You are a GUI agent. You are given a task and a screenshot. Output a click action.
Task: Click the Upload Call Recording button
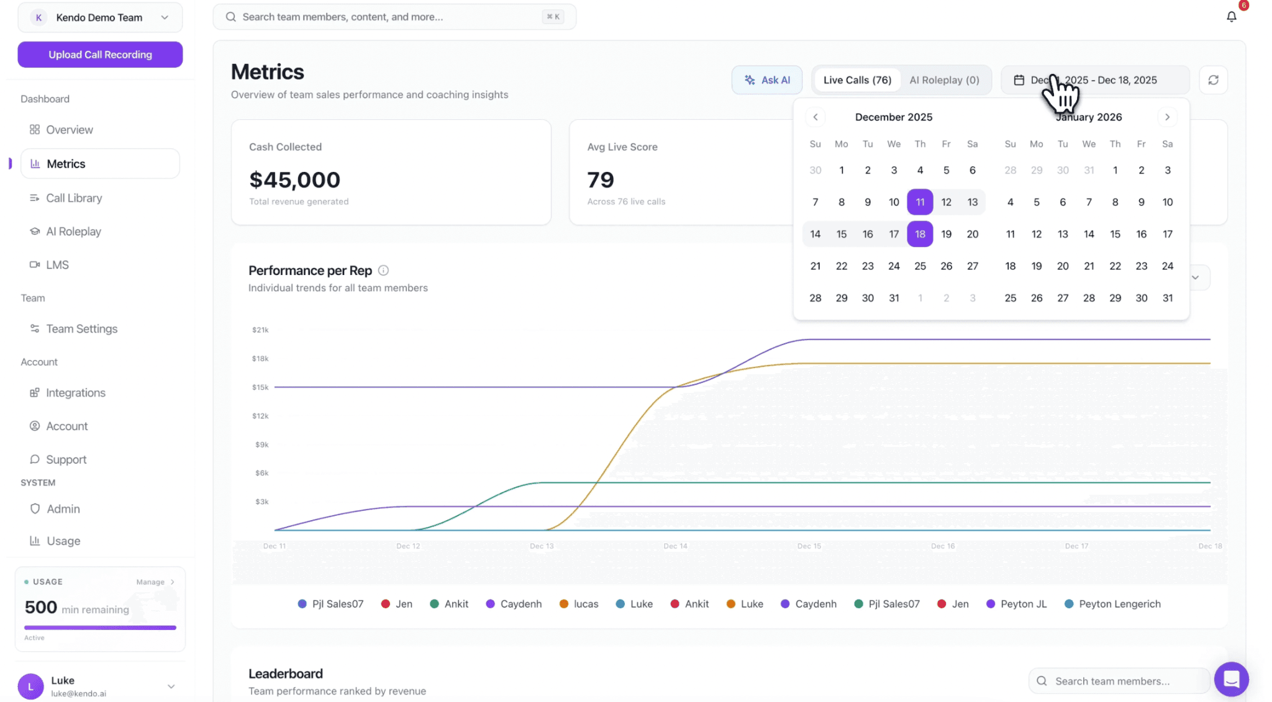coord(100,55)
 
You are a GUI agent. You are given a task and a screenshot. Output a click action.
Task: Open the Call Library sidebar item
coord(74,198)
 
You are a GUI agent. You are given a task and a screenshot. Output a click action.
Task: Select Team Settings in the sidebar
coord(81,329)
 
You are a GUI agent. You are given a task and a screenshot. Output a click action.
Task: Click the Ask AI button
coord(767,80)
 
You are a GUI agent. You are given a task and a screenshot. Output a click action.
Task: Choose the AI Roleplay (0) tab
coord(944,80)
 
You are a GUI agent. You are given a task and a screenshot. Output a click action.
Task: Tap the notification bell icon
coord(1231,17)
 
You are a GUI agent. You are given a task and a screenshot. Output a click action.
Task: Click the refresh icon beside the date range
coord(1213,80)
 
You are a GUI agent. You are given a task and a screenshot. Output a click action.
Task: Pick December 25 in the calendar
coord(920,266)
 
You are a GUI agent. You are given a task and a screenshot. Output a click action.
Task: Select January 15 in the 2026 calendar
coord(1115,234)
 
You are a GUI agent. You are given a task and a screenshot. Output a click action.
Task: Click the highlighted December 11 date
coord(920,202)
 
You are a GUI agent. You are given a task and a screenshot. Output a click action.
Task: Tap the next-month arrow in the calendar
coord(1167,117)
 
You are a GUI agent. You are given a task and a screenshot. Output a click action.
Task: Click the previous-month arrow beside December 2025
coord(815,117)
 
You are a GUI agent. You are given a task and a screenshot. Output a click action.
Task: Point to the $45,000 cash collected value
coord(294,180)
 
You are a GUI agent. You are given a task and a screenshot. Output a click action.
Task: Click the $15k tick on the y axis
coord(260,387)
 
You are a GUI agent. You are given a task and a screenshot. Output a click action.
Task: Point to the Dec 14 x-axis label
coord(675,546)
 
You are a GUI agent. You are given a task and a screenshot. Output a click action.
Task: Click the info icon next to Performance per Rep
coord(383,271)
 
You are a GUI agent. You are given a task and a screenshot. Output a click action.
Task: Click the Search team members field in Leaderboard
coord(1118,681)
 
